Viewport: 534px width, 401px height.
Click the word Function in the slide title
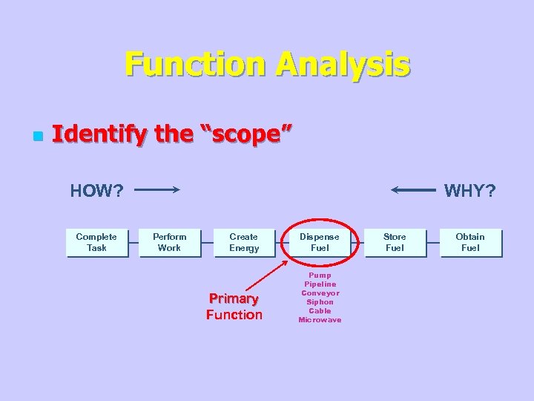pyautogui.click(x=196, y=64)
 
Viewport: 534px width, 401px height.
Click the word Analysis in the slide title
pyautogui.click(x=343, y=64)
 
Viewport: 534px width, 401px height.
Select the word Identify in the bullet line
pyautogui.click(x=93, y=134)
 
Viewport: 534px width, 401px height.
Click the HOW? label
pyautogui.click(x=96, y=191)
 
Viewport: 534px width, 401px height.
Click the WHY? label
pyautogui.click(x=469, y=191)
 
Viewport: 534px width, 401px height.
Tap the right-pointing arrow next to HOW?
pyautogui.click(x=157, y=190)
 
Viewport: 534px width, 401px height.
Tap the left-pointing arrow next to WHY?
pyautogui.click(x=413, y=190)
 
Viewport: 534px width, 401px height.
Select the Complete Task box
pyautogui.click(x=96, y=243)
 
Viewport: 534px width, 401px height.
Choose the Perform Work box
pyautogui.click(x=170, y=243)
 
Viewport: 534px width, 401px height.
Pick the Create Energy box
pyautogui.click(x=244, y=243)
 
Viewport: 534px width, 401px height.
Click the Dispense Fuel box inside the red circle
pyautogui.click(x=319, y=243)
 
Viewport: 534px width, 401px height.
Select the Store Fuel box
pyautogui.click(x=395, y=243)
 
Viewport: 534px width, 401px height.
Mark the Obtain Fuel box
pyautogui.click(x=470, y=243)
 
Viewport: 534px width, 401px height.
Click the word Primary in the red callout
pyautogui.click(x=234, y=299)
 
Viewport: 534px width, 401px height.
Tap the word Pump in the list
pyautogui.click(x=320, y=276)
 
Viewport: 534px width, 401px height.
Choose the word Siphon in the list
pyautogui.click(x=320, y=302)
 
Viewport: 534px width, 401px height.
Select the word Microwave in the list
pyautogui.click(x=320, y=320)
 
